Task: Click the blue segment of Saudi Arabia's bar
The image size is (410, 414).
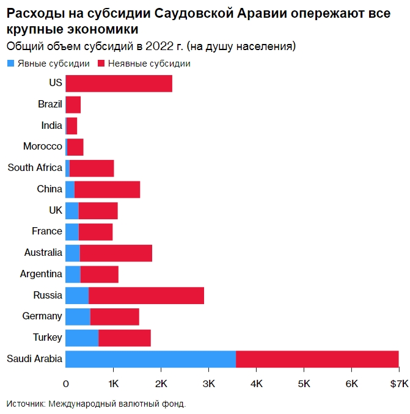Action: coord(150,359)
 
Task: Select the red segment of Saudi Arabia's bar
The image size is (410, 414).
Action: coord(317,359)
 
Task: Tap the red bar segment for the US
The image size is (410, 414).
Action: coord(119,83)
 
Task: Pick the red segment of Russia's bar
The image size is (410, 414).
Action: coord(146,296)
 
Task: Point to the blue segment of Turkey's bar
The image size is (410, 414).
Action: coord(82,338)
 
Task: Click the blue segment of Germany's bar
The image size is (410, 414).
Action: coord(78,316)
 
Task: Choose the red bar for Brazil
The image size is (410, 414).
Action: coord(73,104)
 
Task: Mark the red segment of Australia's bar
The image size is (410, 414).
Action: coord(115,253)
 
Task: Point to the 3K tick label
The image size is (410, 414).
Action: coord(208,383)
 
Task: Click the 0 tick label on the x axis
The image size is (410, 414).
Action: coord(65,383)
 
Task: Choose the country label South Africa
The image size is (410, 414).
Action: coord(35,168)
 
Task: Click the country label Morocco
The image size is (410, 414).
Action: coord(43,147)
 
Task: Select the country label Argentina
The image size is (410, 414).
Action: coord(41,274)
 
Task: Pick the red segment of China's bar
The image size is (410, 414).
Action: coord(107,189)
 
